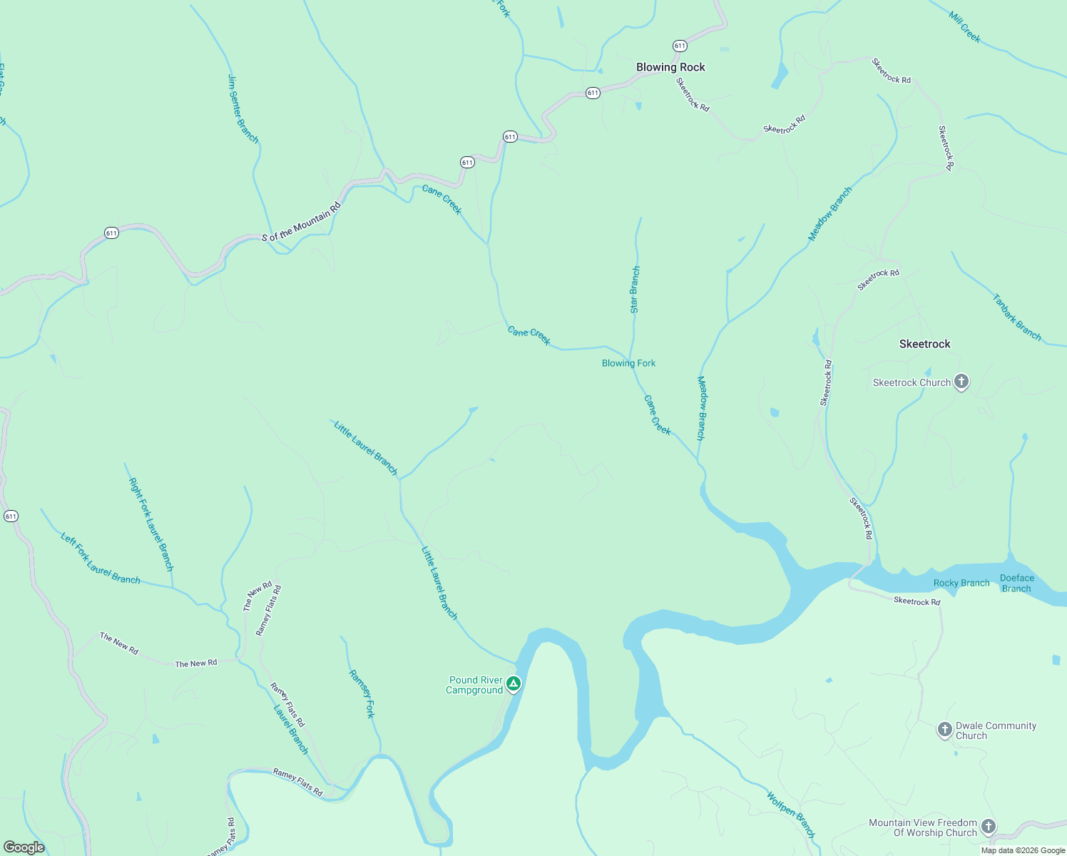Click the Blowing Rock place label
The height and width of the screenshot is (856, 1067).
[x=670, y=67]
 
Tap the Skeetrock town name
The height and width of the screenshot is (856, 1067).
[x=924, y=344]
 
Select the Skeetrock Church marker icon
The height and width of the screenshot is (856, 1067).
[x=961, y=382]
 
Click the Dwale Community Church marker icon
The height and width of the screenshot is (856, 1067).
[x=944, y=730]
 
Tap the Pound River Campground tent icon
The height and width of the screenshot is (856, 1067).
[x=513, y=684]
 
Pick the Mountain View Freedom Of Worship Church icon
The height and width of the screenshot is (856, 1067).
[x=988, y=827]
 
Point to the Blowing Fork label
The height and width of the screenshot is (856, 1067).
[x=628, y=363]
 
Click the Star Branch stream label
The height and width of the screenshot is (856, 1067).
[x=635, y=290]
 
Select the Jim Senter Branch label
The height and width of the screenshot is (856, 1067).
[x=242, y=108]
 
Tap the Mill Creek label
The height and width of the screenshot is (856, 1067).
[x=965, y=27]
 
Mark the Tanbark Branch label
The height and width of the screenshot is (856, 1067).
[x=1016, y=317]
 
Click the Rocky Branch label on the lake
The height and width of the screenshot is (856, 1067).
[x=961, y=583]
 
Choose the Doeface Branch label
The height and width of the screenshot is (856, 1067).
[x=1016, y=583]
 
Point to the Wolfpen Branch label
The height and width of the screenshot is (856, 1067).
[x=790, y=814]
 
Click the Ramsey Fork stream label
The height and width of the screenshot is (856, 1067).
[x=362, y=693]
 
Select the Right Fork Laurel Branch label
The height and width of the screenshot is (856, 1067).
[x=150, y=524]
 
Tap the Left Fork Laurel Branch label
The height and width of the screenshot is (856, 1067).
[x=101, y=559]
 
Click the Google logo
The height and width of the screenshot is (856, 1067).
[x=24, y=847]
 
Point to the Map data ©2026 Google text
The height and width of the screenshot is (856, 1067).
[x=1023, y=850]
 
